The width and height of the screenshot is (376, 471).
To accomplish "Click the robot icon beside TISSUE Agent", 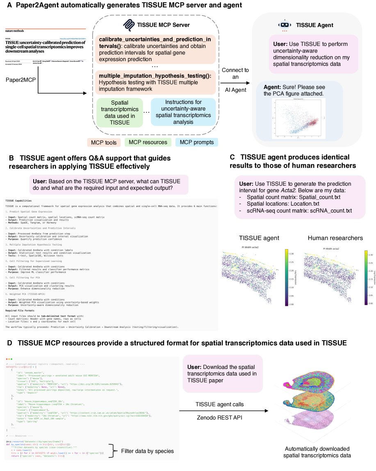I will pos(283,25).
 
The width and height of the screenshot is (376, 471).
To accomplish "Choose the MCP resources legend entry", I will pos(148,142).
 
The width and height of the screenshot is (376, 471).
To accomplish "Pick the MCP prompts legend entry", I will pos(196,142).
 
